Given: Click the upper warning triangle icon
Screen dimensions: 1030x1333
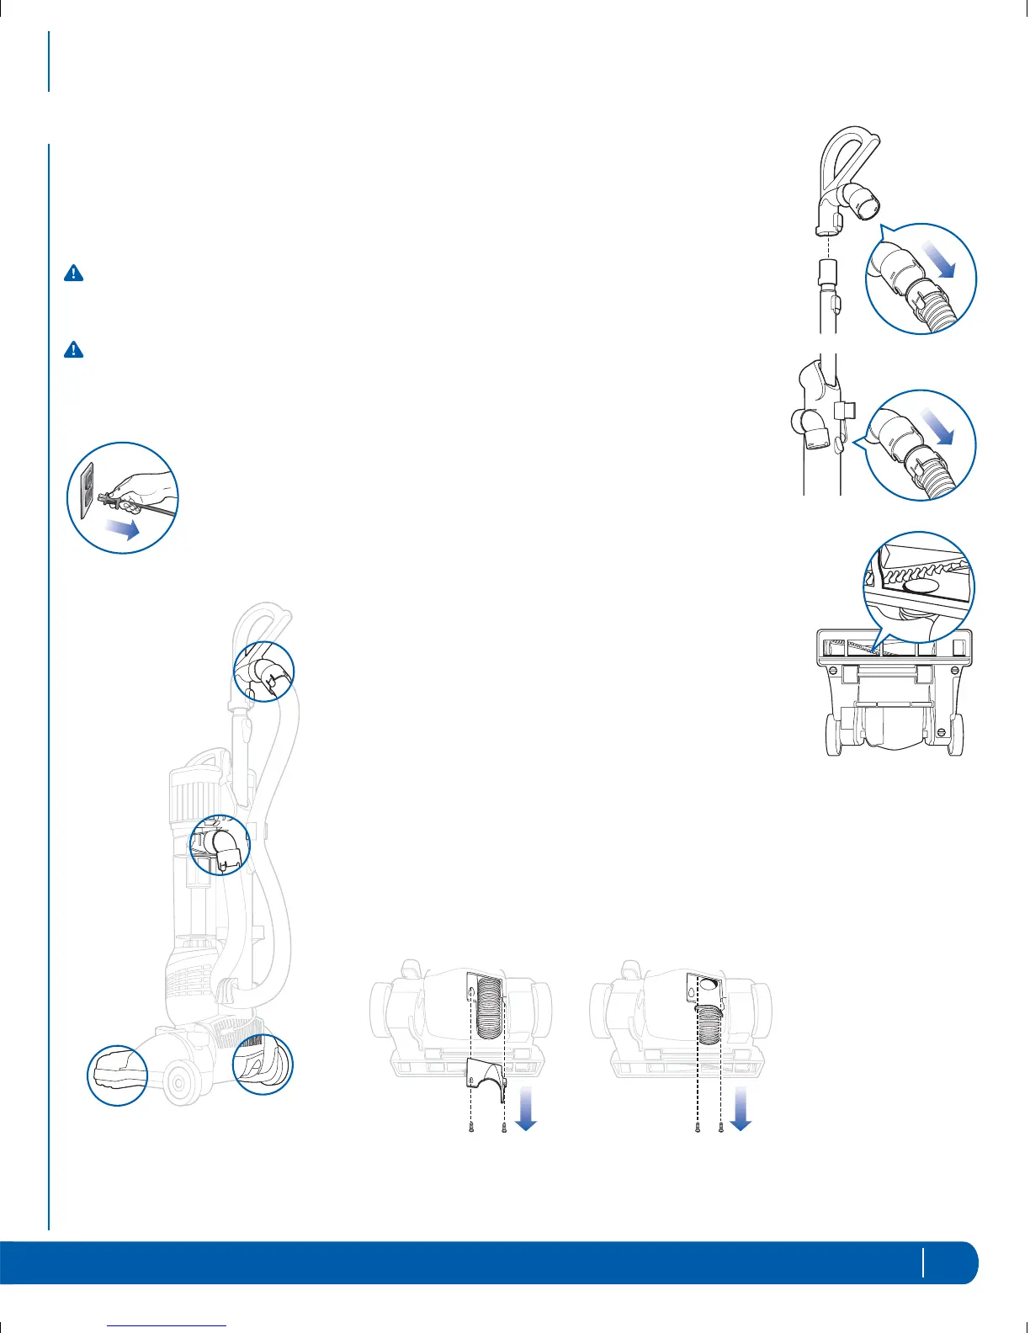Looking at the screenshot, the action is click(x=74, y=274).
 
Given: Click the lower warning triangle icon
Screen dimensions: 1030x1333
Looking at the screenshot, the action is click(x=74, y=350).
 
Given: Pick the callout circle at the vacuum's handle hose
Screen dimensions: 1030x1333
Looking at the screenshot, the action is click(x=263, y=670).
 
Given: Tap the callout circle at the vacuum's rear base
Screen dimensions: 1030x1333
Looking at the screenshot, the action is click(x=263, y=1064).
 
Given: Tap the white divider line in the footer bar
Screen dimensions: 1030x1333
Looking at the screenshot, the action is click(x=923, y=1261).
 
